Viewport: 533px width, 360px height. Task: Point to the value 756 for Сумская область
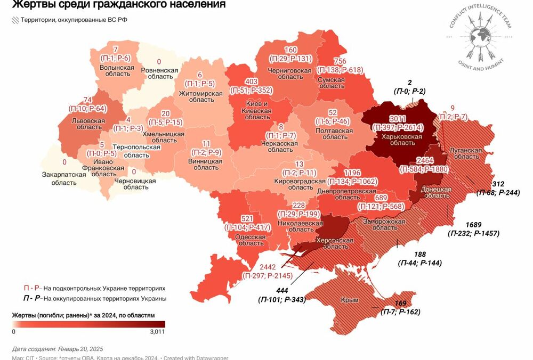tap(340, 61)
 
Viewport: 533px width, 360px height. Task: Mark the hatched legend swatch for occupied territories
tap(14, 20)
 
